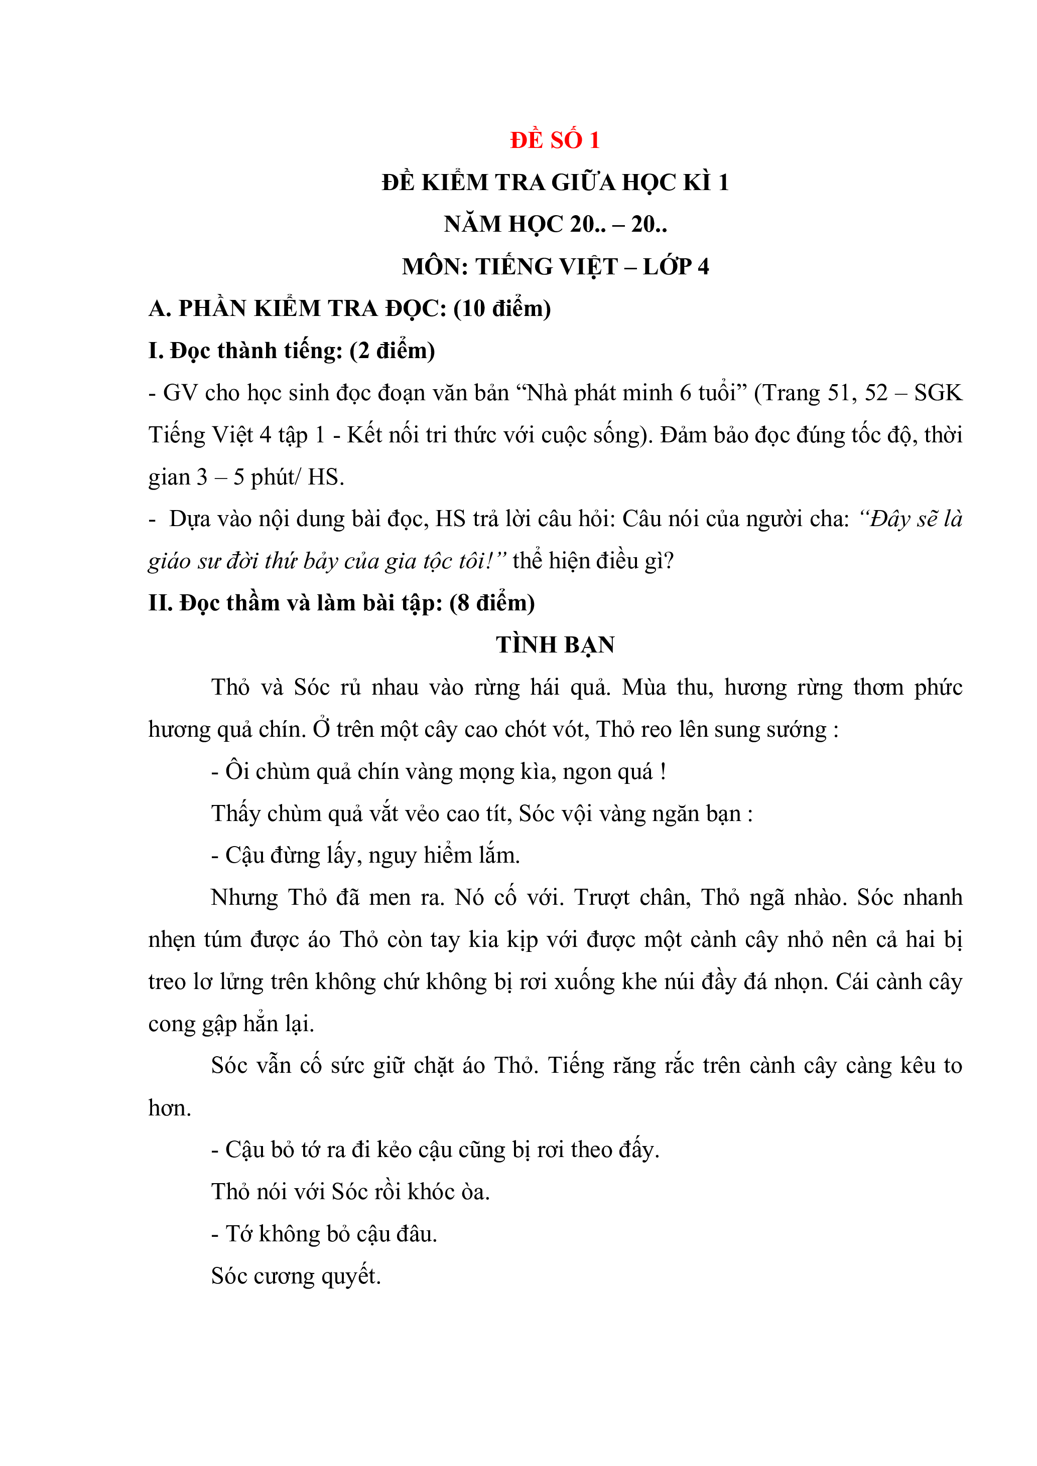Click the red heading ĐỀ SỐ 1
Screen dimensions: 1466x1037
[555, 140]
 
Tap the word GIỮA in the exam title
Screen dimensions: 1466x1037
[583, 183]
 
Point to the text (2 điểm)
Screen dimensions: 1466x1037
[393, 351]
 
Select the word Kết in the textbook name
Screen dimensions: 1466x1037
[363, 435]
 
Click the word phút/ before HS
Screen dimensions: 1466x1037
[276, 477]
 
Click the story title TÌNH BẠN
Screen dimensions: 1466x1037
[555, 645]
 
